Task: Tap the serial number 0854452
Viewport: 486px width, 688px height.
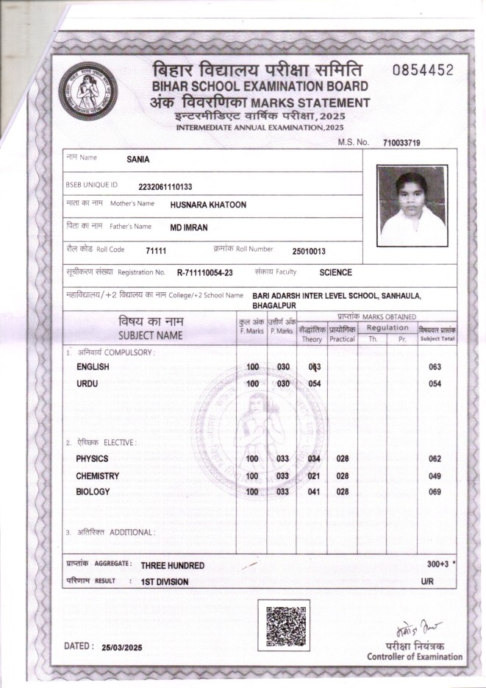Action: [423, 71]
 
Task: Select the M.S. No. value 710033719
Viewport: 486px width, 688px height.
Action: [401, 143]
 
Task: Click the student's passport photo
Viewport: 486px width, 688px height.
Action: [412, 205]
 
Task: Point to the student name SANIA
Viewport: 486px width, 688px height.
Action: [137, 159]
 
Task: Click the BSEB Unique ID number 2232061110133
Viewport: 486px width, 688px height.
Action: [165, 186]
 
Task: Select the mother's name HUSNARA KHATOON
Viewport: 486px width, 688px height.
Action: [208, 205]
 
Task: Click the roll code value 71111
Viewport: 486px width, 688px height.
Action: [156, 251]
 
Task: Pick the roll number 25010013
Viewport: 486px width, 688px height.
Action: [308, 251]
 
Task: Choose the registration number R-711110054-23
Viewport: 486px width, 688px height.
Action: [204, 273]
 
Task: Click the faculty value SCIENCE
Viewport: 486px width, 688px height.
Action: [335, 273]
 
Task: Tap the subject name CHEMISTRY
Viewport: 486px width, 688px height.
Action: [97, 476]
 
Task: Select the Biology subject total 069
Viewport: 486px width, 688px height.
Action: [434, 492]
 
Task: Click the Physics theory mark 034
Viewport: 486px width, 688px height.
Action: [314, 459]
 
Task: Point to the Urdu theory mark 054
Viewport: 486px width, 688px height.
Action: [314, 384]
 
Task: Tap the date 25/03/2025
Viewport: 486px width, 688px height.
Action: [121, 648]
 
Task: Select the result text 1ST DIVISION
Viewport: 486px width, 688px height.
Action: [165, 582]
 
